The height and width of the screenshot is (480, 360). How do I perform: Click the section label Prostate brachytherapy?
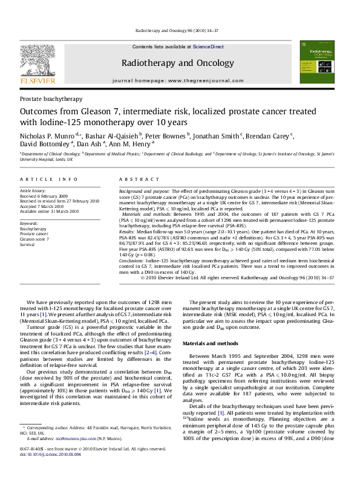pos(51,98)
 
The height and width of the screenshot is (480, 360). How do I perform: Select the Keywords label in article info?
pos(30,224)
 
